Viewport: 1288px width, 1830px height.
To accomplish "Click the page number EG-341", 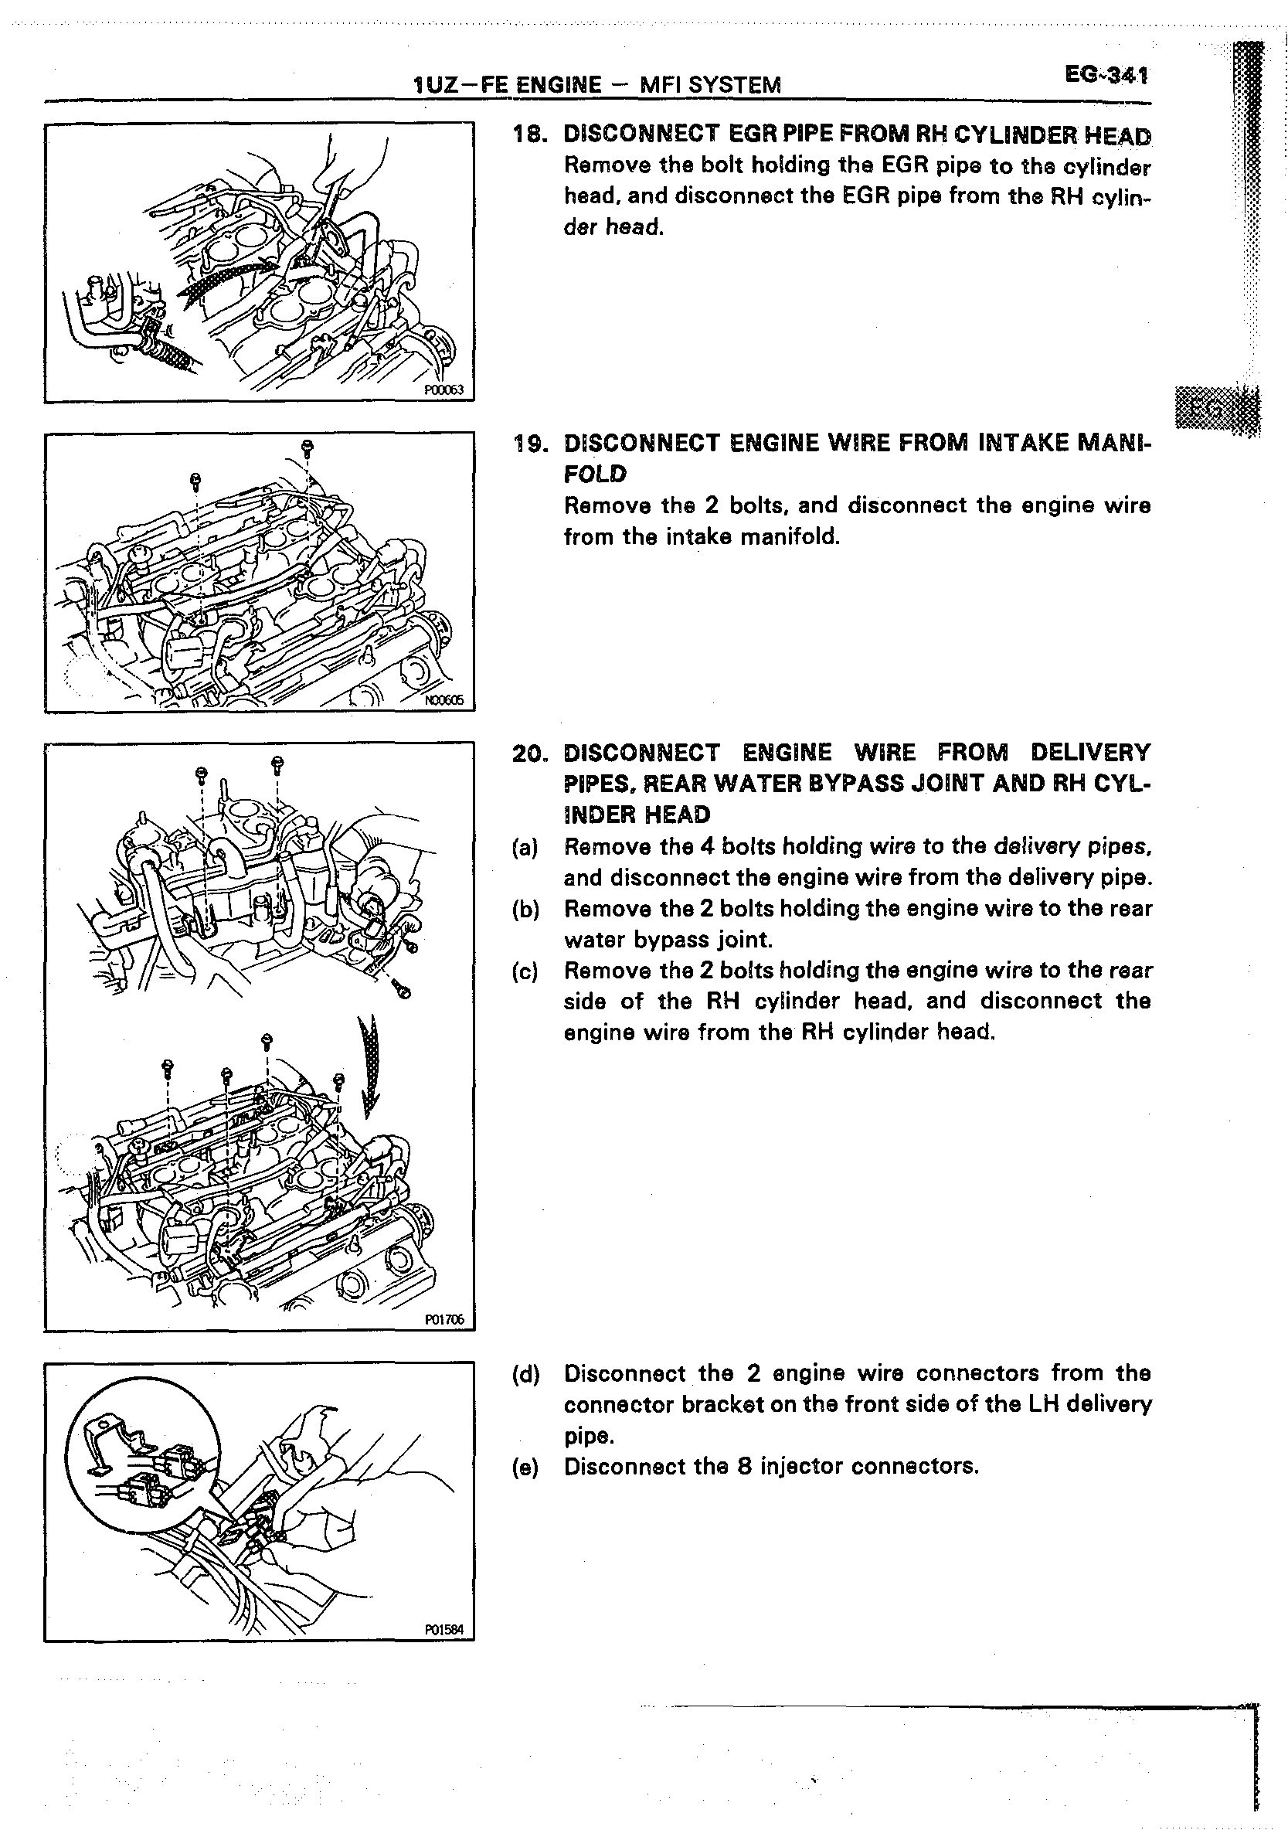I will pos(1106,76).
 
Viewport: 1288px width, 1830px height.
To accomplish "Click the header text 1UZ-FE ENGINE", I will pos(507,84).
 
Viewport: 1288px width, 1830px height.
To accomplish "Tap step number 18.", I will pos(529,135).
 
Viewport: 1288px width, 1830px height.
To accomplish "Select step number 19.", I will pos(529,443).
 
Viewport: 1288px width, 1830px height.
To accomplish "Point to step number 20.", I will pos(529,753).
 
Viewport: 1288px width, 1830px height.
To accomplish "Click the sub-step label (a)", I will pos(525,847).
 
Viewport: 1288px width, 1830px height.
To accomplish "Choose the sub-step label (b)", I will pos(525,910).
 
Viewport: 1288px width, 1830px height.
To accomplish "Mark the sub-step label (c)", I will pos(525,971).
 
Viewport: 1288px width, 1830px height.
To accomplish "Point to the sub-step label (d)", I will pos(525,1373).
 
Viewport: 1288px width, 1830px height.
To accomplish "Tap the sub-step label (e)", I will pos(525,1467).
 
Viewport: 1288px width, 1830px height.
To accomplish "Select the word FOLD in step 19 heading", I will pos(595,475).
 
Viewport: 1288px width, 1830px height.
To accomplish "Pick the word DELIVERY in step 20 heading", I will pos(1089,753).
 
